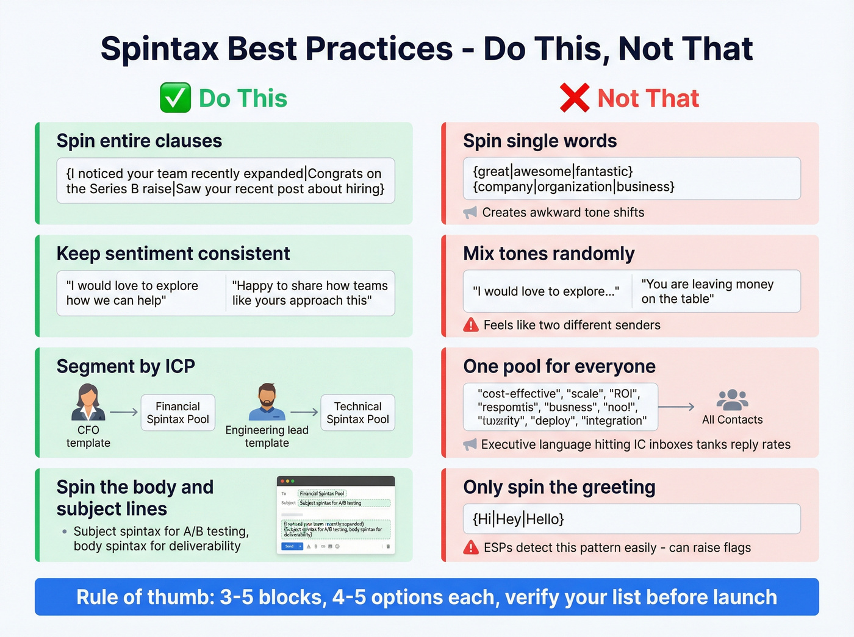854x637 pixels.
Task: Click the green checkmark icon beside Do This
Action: pyautogui.click(x=175, y=98)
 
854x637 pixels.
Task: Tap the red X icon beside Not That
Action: pyautogui.click(x=574, y=98)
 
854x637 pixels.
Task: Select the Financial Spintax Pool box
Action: pyautogui.click(x=178, y=413)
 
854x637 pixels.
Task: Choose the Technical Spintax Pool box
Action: pyautogui.click(x=357, y=413)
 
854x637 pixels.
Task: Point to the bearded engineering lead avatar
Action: pyautogui.click(x=267, y=402)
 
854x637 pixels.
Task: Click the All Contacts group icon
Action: pyautogui.click(x=732, y=400)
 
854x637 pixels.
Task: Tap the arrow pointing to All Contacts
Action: pyautogui.click(x=676, y=407)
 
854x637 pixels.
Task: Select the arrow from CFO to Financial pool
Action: pyautogui.click(x=124, y=413)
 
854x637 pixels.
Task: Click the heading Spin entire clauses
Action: pyautogui.click(x=139, y=141)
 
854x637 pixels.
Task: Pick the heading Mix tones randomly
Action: pyautogui.click(x=548, y=254)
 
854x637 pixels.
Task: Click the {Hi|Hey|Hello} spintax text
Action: pyautogui.click(x=518, y=519)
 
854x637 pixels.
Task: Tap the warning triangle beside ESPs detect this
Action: pyautogui.click(x=471, y=547)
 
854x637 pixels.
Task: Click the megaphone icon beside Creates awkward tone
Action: pyautogui.click(x=470, y=212)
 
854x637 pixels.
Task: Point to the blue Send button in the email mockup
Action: pyautogui.click(x=289, y=546)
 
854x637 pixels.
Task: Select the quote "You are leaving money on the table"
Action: pyautogui.click(x=707, y=291)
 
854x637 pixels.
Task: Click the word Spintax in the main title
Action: pyautogui.click(x=159, y=49)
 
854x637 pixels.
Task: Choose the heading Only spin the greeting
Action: pyautogui.click(x=559, y=487)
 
